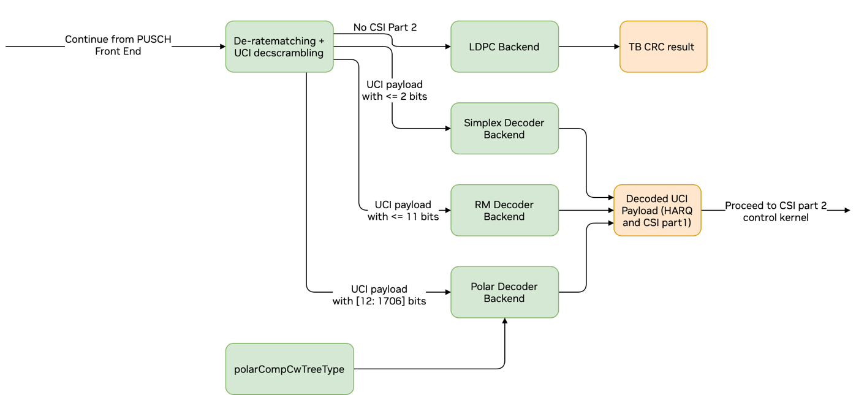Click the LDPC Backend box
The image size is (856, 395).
pyautogui.click(x=504, y=47)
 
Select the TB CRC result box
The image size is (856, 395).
pyautogui.click(x=663, y=47)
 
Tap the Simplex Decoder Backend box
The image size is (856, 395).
pyautogui.click(x=504, y=129)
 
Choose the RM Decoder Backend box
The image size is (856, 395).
pyautogui.click(x=504, y=210)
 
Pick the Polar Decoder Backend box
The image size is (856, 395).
pyautogui.click(x=504, y=292)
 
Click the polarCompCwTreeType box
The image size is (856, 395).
pyautogui.click(x=289, y=369)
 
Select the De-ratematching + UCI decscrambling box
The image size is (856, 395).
pyautogui.click(x=279, y=47)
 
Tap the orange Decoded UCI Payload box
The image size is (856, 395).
pyautogui.click(x=657, y=210)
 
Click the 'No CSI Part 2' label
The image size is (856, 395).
pyautogui.click(x=385, y=27)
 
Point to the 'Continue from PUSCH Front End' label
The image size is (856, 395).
pyautogui.click(x=118, y=45)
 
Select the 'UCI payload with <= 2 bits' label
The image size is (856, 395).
pyautogui.click(x=394, y=90)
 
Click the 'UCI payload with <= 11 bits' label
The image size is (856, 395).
pyautogui.click(x=403, y=210)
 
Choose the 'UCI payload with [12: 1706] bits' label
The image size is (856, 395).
pyautogui.click(x=379, y=295)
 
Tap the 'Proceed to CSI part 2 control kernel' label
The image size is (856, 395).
pyautogui.click(x=776, y=211)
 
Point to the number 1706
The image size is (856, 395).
pyautogui.click(x=392, y=301)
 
